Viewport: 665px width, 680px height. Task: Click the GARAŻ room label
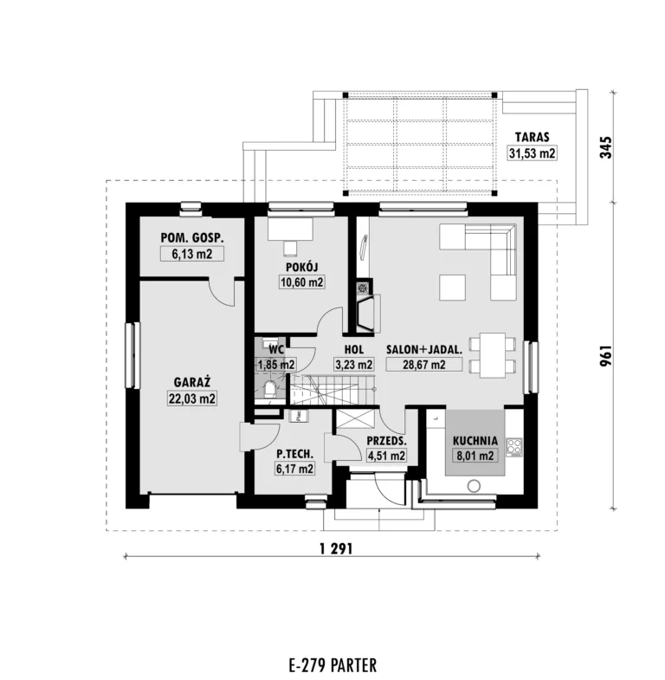tap(192, 382)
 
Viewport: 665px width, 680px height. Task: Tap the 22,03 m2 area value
tap(192, 398)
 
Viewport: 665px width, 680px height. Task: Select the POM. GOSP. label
tap(192, 237)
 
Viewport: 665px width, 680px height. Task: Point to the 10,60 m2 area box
tap(301, 282)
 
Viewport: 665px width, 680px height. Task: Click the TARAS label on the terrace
tap(532, 137)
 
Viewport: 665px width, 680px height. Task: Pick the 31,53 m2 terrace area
tap(532, 153)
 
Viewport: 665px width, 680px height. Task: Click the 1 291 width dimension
tap(336, 548)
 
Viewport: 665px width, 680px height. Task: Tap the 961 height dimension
tap(605, 356)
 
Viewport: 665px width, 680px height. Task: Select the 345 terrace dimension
tap(605, 147)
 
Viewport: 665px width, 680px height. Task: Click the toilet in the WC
tap(270, 390)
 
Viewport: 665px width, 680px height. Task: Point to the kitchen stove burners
tap(514, 448)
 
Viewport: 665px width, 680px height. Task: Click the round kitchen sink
tap(474, 486)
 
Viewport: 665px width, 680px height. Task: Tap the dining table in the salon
tap(493, 355)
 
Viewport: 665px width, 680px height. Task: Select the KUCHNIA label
tap(475, 441)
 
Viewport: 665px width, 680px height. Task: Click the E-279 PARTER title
tap(332, 664)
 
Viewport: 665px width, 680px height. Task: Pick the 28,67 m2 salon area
tap(424, 365)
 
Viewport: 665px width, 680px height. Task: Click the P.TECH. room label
tap(294, 454)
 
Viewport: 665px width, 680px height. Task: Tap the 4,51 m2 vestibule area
tap(386, 456)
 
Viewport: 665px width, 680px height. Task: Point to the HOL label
tap(354, 349)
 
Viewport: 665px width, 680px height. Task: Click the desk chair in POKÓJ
tap(290, 249)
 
